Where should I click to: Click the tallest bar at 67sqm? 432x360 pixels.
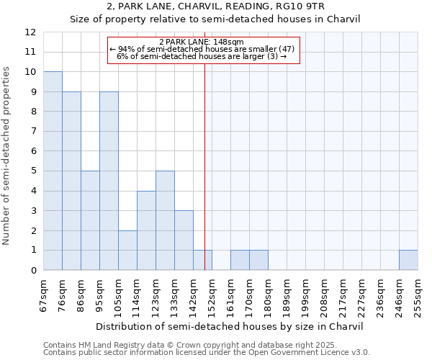pyautogui.click(x=53, y=171)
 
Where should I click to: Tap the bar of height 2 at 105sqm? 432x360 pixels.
pyautogui.click(x=127, y=250)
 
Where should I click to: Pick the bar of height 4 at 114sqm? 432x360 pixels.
pyautogui.click(x=146, y=230)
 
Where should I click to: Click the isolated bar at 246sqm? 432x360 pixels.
pyautogui.click(x=408, y=260)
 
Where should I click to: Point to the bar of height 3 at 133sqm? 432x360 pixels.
pyautogui.click(x=184, y=240)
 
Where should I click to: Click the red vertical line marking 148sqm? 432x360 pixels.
pyautogui.click(x=205, y=180)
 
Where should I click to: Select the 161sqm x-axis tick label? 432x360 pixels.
pyautogui.click(x=230, y=294)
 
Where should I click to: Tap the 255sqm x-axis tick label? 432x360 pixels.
pyautogui.click(x=418, y=294)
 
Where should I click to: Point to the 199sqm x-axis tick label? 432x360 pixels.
pyautogui.click(x=305, y=294)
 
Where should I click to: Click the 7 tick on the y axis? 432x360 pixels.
pyautogui.click(x=32, y=132)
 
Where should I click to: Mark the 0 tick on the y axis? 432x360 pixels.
pyautogui.click(x=32, y=270)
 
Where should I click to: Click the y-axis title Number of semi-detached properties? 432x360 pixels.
pyautogui.click(x=7, y=156)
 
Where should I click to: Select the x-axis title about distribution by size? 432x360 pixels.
pyautogui.click(x=230, y=326)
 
